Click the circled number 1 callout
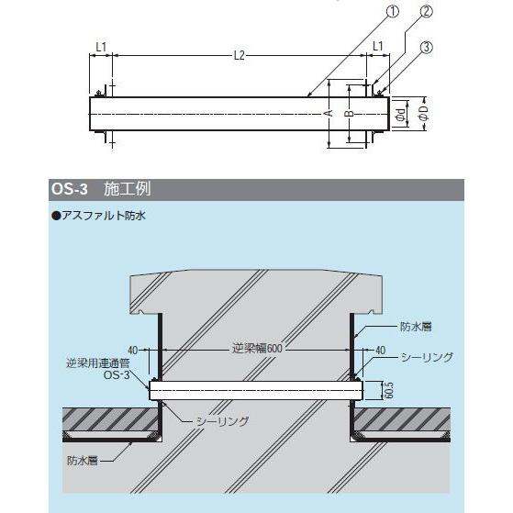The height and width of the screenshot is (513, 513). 393,11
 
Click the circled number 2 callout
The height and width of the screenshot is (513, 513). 426,11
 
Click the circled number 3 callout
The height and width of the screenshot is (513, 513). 426,48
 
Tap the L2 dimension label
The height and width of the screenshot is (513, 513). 240,56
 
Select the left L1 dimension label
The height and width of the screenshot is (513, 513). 101,47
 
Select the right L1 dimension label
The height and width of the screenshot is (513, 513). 378,46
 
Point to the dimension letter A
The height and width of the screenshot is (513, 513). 330,113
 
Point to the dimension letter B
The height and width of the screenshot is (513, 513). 350,114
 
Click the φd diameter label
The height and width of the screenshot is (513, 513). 401,114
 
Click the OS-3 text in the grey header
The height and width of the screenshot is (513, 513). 70,189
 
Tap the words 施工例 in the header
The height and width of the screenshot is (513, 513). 128,189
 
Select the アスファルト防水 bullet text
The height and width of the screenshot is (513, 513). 99,216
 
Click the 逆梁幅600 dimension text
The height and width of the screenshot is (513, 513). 257,349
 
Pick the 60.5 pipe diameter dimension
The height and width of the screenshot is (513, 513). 388,390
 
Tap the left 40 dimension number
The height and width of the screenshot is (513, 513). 132,351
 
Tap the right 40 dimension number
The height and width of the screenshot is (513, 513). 380,351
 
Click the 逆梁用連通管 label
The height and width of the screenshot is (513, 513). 98,363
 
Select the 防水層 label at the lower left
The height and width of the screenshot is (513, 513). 83,461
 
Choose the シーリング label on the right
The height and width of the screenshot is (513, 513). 427,357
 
